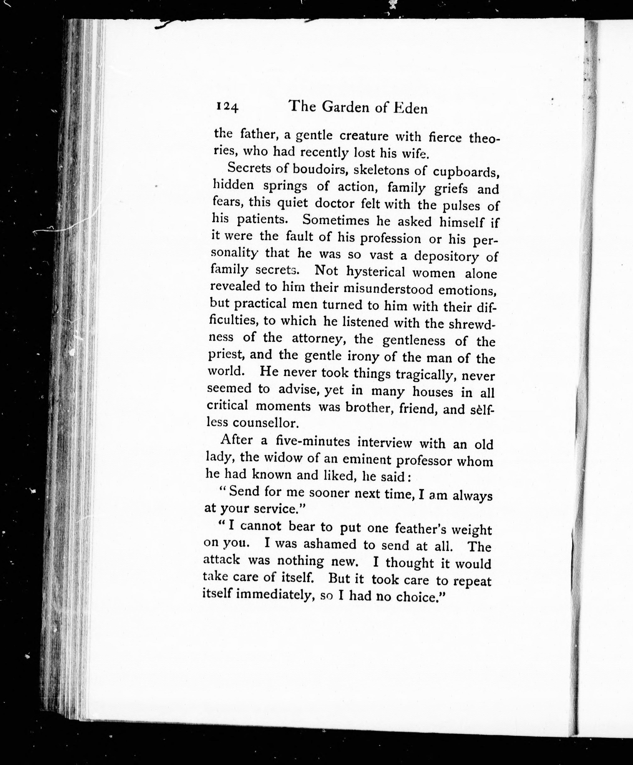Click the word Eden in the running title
coord(410,108)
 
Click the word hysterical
coord(375,272)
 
